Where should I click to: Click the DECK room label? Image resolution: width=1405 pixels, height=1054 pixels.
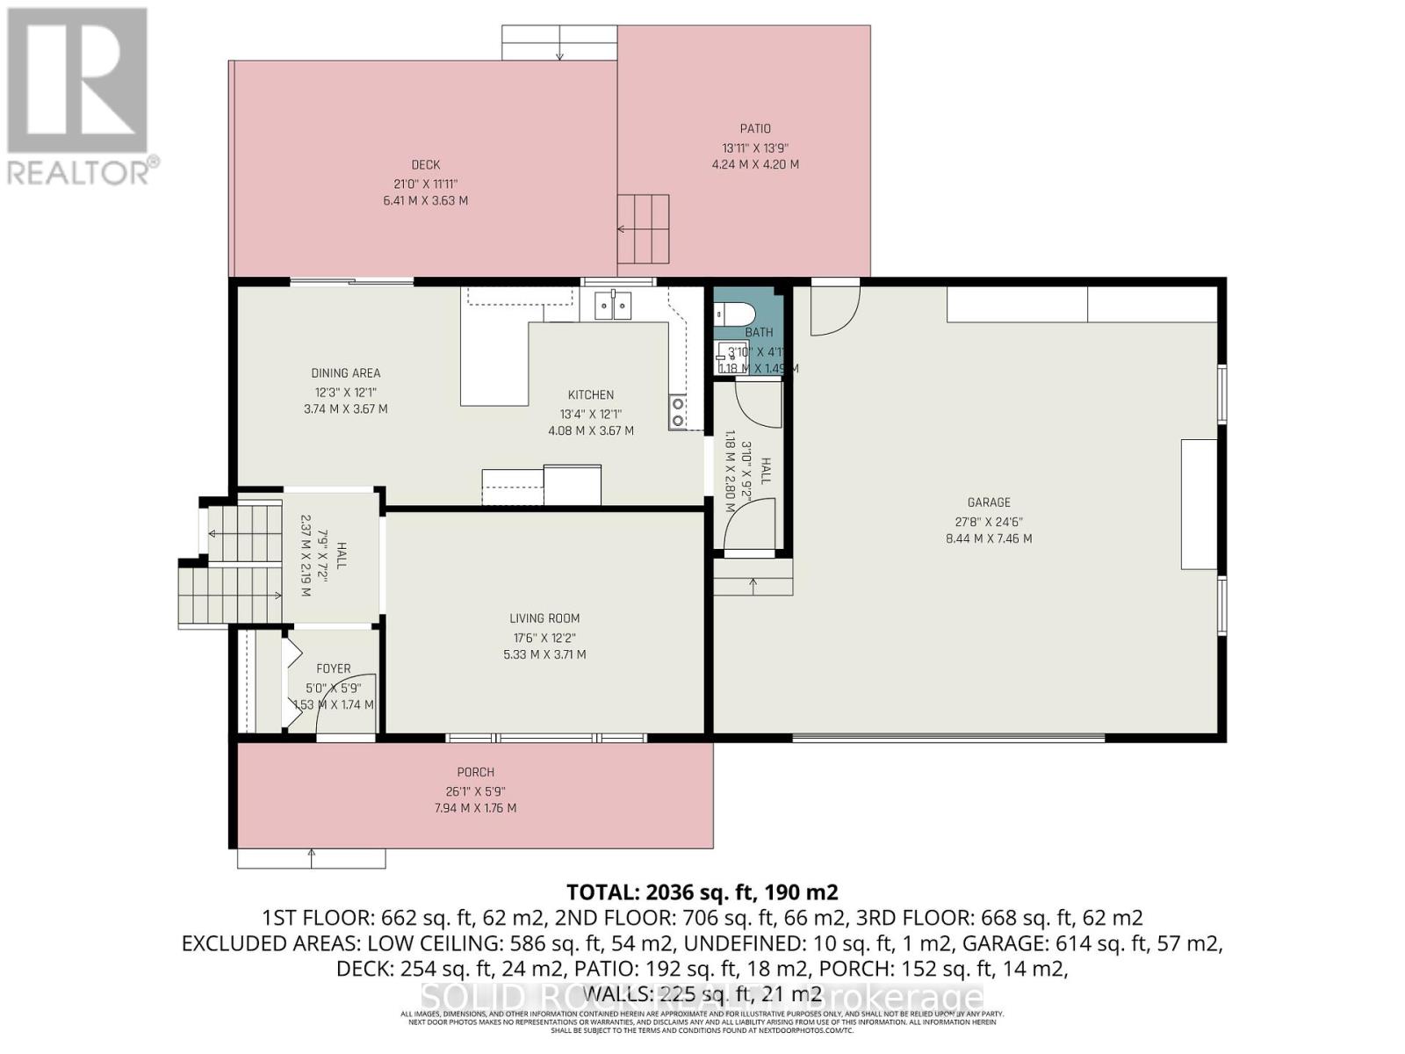[426, 165]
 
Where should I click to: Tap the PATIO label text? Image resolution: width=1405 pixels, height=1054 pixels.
[755, 129]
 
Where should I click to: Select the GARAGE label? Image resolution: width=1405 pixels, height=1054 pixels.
[989, 502]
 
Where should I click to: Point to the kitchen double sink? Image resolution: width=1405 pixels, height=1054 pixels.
[613, 306]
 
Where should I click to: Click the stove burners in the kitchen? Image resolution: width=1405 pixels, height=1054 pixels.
[678, 413]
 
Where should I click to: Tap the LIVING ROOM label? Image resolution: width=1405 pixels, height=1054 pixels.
[544, 618]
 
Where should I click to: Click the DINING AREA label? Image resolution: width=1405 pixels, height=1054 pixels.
[345, 373]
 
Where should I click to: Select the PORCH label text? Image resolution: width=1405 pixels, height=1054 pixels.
[476, 772]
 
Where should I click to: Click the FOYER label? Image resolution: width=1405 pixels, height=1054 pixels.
[334, 668]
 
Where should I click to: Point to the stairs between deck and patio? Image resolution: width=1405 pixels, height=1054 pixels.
[644, 229]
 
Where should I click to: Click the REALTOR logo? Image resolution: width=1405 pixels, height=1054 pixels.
[79, 97]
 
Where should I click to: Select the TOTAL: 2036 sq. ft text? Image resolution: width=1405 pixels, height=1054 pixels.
[702, 892]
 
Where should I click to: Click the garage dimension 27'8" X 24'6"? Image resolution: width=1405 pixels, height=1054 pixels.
[989, 521]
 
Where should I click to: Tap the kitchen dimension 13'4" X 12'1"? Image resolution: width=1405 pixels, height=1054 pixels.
[591, 414]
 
